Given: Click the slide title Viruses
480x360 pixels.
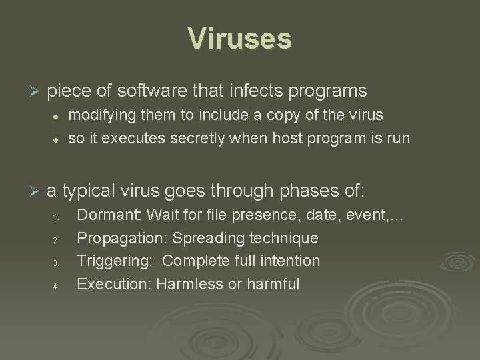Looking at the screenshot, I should click(x=240, y=38).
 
